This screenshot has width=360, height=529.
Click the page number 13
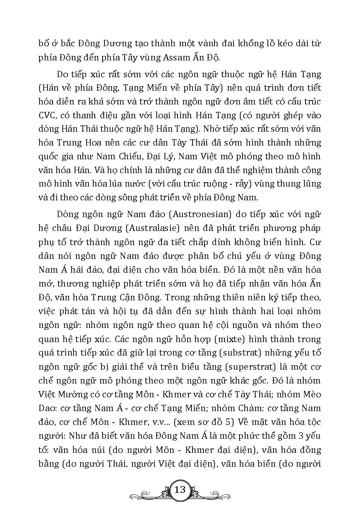180,489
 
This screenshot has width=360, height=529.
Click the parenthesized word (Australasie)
153,228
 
